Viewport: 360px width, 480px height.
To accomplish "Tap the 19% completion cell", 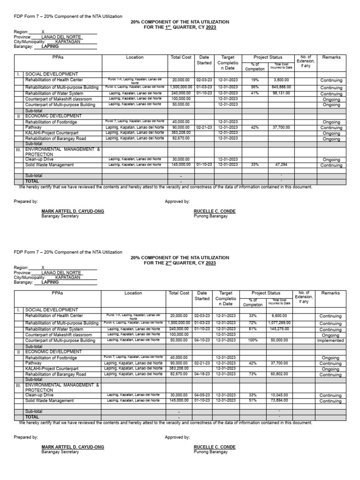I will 255,80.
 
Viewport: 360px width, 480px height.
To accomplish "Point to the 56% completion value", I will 255,87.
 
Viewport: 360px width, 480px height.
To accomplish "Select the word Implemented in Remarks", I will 330,341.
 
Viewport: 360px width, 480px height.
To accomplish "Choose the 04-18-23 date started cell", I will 204,374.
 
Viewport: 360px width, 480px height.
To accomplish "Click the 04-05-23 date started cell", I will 204,394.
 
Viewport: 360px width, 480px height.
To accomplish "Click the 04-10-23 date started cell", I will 204,340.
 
